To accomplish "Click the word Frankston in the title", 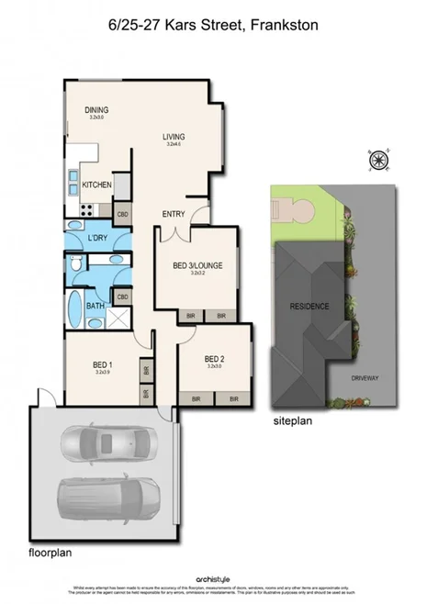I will click(285, 27).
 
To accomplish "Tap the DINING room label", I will click(97, 111).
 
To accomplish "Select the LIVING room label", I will click(174, 137).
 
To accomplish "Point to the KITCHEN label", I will click(96, 185).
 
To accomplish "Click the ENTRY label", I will click(174, 214).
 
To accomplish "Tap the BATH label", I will click(95, 307).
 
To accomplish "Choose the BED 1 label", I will click(103, 364).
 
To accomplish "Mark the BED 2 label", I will click(215, 359).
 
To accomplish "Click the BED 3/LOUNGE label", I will click(198, 266).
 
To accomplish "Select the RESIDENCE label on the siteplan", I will click(309, 306).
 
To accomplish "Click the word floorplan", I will click(50, 553).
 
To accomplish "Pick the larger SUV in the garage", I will click(103, 498).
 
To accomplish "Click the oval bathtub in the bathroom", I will click(75, 308).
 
